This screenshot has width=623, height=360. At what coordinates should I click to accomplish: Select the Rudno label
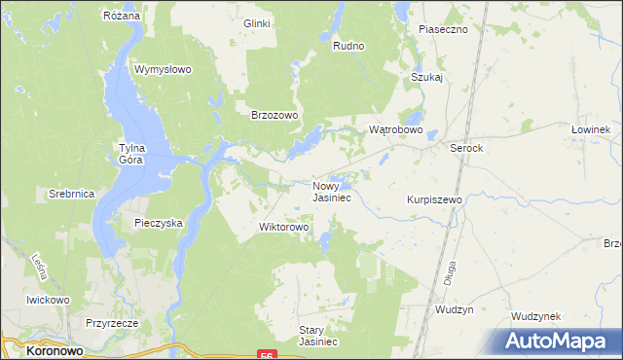[348, 46]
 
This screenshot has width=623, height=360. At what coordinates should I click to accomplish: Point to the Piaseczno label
[443, 29]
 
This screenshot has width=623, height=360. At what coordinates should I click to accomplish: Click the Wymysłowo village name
[163, 70]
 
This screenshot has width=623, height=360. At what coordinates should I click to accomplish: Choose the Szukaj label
[426, 77]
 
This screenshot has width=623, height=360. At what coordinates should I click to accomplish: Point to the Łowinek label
[590, 130]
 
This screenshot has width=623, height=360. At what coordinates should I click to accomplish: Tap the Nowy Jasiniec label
[332, 191]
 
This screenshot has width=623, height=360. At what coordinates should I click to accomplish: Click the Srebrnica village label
[71, 195]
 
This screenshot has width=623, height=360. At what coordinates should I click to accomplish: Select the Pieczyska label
[159, 223]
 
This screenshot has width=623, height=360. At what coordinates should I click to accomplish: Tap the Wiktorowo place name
[283, 228]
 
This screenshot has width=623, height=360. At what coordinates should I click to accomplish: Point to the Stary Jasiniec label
[317, 336]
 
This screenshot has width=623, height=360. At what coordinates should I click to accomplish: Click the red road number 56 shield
[266, 355]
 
